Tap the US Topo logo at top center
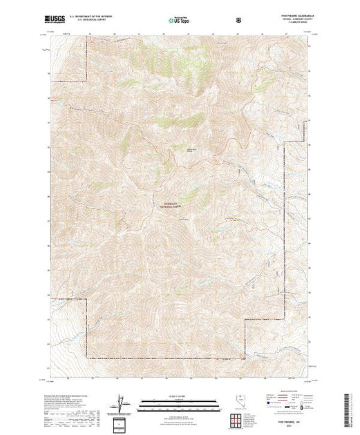(180, 20)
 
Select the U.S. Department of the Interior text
(95, 17)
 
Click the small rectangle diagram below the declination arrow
(122, 422)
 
